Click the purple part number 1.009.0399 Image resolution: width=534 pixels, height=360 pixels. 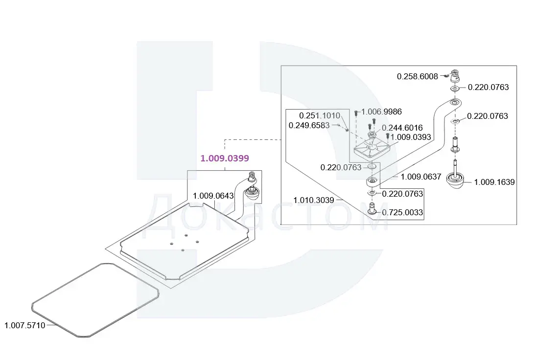click(x=225, y=158)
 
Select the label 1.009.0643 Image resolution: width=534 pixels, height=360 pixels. click(x=213, y=196)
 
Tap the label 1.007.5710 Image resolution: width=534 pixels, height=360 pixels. click(x=24, y=325)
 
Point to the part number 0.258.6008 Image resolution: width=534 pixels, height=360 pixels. click(x=417, y=76)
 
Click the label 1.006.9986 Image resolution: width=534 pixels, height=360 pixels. click(x=381, y=112)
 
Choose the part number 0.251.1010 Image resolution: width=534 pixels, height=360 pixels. click(x=319, y=115)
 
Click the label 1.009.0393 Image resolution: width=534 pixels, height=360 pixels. click(x=411, y=137)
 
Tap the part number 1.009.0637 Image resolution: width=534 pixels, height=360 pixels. click(x=421, y=177)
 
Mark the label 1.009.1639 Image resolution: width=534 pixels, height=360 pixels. click(x=494, y=182)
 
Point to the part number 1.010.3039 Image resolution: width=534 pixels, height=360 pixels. click(x=313, y=200)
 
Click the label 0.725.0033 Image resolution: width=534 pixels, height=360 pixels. click(x=402, y=212)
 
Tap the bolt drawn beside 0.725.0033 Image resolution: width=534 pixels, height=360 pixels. click(x=371, y=208)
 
